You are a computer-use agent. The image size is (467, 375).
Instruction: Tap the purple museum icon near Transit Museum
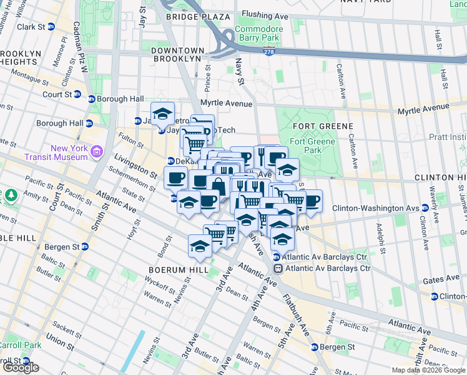[x=97, y=151]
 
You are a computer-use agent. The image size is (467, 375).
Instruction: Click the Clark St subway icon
[x=51, y=27]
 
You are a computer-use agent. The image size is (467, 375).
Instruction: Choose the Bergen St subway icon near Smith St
[x=85, y=247]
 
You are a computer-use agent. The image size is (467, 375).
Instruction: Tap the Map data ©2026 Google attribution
[x=428, y=370]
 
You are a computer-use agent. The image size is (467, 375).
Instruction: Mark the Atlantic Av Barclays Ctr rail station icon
[x=277, y=269]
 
